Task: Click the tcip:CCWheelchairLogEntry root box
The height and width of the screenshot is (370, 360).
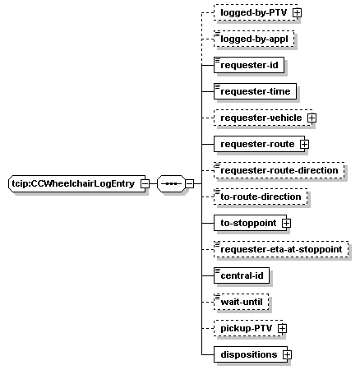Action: tap(77, 183)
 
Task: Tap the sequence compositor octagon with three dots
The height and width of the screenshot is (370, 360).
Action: tap(171, 183)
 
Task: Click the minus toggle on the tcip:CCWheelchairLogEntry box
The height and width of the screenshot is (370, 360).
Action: tap(145, 183)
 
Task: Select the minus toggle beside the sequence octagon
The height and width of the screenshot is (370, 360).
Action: tap(189, 183)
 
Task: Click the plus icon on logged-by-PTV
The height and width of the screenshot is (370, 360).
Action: tap(297, 12)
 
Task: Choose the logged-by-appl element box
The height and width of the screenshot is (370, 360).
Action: tap(254, 39)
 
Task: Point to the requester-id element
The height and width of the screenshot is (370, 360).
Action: tap(249, 65)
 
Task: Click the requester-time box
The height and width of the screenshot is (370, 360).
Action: tap(255, 91)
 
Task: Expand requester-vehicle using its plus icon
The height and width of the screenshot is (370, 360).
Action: tap(312, 118)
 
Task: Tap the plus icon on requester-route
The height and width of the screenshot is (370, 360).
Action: tap(304, 144)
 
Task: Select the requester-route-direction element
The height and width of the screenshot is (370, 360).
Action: tap(279, 170)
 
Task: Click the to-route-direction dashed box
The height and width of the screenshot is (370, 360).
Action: tap(261, 197)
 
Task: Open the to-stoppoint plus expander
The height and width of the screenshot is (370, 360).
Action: tap(286, 223)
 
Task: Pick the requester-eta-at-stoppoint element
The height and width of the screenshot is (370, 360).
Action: tap(281, 249)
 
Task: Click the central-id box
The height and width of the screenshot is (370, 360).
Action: tap(242, 275)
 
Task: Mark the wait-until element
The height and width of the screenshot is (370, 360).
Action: tap(242, 302)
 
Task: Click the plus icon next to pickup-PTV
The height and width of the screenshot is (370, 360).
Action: tap(282, 328)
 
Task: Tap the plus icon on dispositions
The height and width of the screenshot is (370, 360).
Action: tap(287, 354)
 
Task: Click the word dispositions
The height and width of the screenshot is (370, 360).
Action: tap(249, 354)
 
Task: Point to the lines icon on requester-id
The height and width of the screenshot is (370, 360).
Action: tap(218, 60)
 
